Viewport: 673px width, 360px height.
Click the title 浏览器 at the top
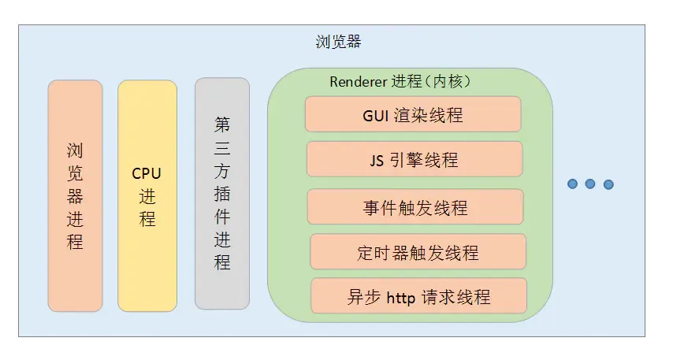pos(338,42)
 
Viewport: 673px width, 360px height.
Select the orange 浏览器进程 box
pos(75,195)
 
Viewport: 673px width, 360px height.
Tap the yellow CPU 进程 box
pos(147,195)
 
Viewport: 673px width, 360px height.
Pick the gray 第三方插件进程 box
pos(222,193)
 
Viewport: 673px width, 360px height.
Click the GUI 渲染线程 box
pos(413,114)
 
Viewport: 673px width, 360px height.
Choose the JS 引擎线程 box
pos(414,160)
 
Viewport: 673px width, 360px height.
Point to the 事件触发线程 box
pos(415,207)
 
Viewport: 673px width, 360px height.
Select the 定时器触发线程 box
pos(418,252)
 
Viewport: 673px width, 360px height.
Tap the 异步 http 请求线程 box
pos(418,296)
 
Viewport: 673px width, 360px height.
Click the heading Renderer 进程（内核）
pos(400,81)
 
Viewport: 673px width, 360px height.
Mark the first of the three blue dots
pos(573,184)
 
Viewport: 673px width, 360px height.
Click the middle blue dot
pos(590,184)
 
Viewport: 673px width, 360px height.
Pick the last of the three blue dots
pos(608,184)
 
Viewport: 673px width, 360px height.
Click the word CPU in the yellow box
pos(147,173)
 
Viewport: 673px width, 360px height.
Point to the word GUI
pos(376,115)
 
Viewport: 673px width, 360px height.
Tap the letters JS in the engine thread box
pos(377,161)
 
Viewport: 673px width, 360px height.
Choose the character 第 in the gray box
pos(222,124)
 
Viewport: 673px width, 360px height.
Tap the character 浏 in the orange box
pos(75,150)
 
